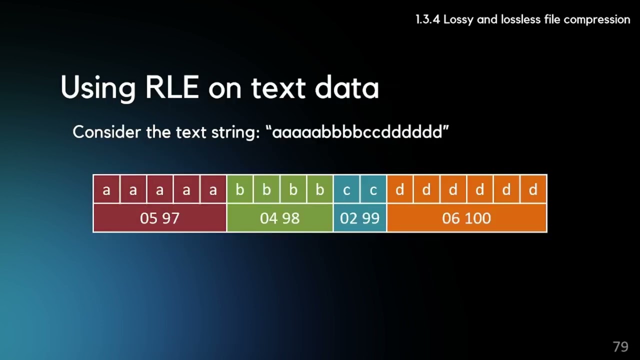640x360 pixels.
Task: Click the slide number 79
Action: (620, 346)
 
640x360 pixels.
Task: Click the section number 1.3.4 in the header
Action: (427, 19)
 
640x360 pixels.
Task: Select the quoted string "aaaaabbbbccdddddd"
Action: (357, 132)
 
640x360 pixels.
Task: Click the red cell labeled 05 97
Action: (159, 218)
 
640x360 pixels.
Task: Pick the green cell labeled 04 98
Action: (279, 218)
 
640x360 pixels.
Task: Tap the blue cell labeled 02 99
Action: (359, 218)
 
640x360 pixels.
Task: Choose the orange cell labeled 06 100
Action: (466, 218)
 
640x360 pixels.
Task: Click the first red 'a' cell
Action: (106, 189)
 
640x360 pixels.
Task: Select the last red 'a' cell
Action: (213, 189)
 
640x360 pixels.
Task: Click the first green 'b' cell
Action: (240, 189)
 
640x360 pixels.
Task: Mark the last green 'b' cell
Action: (320, 189)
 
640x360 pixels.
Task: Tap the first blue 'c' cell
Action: (346, 189)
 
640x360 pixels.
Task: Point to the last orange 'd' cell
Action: (533, 189)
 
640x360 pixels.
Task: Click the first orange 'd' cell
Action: (400, 189)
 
